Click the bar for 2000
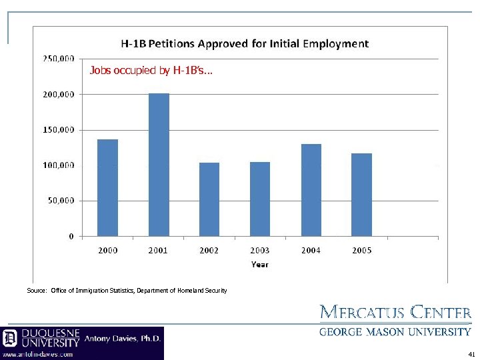107,187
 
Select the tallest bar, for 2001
159,165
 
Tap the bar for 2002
209,199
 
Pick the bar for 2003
260,199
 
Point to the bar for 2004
311,190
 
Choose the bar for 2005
361,195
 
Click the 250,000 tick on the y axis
59,59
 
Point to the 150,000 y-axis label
59,129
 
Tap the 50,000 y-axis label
61,200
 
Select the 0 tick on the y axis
71,236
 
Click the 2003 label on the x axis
260,250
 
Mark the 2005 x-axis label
361,250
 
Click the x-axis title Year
260,264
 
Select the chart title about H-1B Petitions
244,44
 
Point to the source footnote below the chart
127,291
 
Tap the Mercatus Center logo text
396,312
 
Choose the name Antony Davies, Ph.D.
123,339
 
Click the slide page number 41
471,354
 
